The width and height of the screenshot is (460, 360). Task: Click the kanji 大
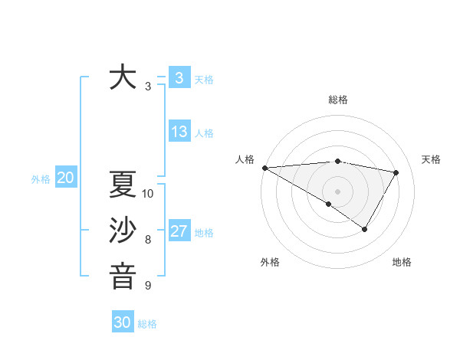tap(123, 78)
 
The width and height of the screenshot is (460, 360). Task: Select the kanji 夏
tap(123, 185)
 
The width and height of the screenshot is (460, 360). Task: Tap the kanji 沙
tap(123, 231)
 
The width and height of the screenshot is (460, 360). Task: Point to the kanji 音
tap(123, 276)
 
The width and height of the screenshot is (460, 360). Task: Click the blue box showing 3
tap(179, 77)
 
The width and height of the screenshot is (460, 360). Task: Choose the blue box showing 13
tap(179, 132)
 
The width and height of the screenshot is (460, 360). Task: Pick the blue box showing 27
tap(179, 231)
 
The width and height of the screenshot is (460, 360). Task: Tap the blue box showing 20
tap(65, 178)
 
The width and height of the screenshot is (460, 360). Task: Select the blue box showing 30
tap(123, 322)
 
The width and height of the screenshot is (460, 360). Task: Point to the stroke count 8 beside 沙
tap(148, 240)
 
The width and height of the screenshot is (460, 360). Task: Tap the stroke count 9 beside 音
tap(148, 286)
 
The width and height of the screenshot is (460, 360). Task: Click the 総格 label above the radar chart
tap(338, 100)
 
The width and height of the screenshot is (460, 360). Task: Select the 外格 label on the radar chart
tap(270, 262)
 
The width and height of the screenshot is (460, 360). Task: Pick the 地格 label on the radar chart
tap(402, 262)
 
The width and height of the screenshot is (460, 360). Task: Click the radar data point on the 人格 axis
tap(264, 167)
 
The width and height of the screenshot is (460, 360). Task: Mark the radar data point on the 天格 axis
tap(396, 172)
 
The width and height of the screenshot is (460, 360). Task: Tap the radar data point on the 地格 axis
tap(365, 228)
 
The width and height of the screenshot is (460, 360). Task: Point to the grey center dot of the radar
tap(337, 191)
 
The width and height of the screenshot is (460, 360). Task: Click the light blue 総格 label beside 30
tap(147, 323)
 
